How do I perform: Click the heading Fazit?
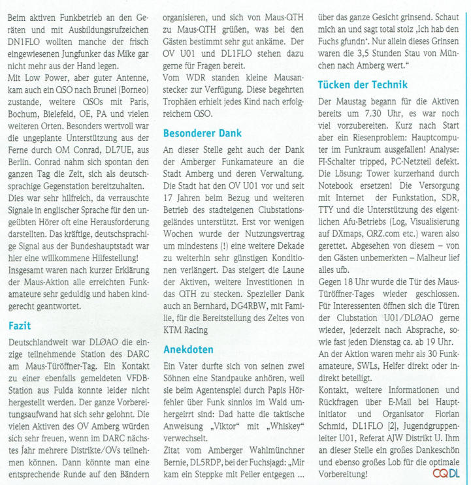(20, 324)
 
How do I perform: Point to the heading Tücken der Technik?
(362, 85)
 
